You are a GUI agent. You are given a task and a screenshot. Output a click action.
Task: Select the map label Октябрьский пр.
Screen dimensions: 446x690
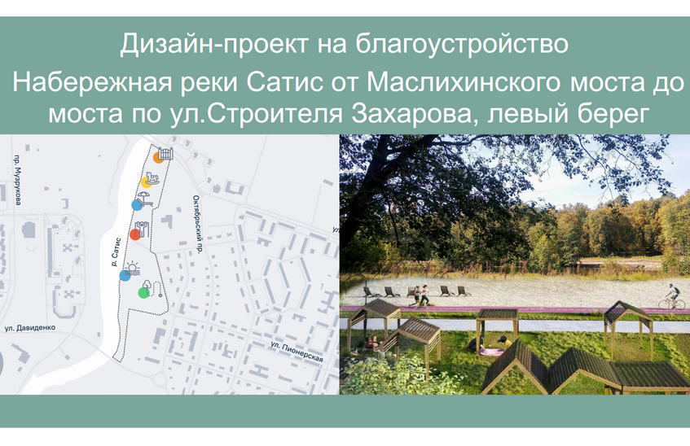coord(196,224)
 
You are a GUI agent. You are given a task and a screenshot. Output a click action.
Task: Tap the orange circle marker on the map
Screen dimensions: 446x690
coord(157,160)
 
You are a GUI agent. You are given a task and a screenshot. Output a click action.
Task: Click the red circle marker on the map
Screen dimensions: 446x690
coord(135,235)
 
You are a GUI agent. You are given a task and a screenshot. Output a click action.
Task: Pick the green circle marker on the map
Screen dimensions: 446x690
coord(144,293)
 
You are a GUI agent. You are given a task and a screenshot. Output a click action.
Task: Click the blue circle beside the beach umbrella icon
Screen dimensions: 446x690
coord(136,205)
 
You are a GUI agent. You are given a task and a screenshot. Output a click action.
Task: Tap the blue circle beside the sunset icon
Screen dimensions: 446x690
coord(125,275)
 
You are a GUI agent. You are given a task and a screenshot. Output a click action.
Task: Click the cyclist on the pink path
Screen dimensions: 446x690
coord(671,296)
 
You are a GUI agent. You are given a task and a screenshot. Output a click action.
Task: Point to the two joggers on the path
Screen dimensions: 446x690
coord(422,296)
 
